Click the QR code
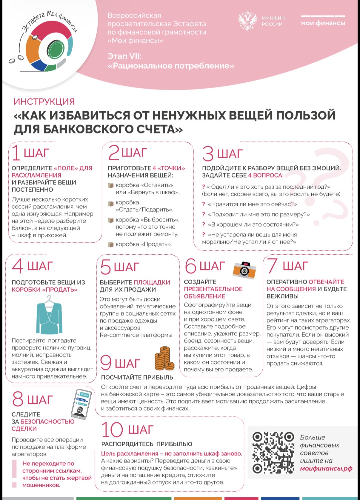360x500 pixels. [x=273, y=452]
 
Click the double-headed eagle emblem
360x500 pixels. [x=247, y=21]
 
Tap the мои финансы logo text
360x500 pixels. [x=323, y=23]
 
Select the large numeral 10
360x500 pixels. [x=112, y=430]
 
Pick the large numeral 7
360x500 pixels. [x=272, y=266]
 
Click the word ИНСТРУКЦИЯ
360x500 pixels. [x=44, y=101]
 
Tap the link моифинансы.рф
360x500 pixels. [x=326, y=469]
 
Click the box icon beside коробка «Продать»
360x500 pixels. [x=111, y=244]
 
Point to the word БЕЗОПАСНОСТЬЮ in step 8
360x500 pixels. [x=47, y=421]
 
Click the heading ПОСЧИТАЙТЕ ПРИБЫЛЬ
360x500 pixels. [x=137, y=377]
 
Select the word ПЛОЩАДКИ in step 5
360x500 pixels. [x=152, y=282]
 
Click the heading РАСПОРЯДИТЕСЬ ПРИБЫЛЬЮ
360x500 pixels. [x=147, y=444]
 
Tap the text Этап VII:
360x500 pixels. [x=124, y=56]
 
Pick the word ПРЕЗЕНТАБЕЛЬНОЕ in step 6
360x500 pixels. [x=213, y=289]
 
